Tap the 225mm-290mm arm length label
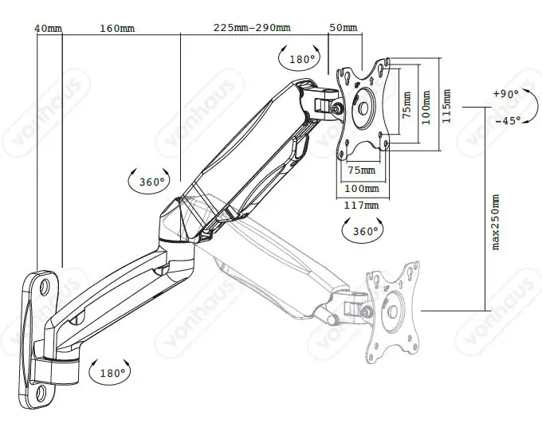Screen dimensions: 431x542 tap(252, 28)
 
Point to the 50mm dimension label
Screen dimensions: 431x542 tap(343, 28)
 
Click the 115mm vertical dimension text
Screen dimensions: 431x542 tap(446, 102)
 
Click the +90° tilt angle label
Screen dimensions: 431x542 tap(505, 93)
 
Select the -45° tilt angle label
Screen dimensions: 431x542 tap(507, 120)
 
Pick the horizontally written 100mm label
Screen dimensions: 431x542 tap(361, 188)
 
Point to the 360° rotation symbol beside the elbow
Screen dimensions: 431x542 tap(149, 181)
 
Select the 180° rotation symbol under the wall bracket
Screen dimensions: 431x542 tap(109, 372)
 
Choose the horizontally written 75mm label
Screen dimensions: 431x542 tap(361, 170)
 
